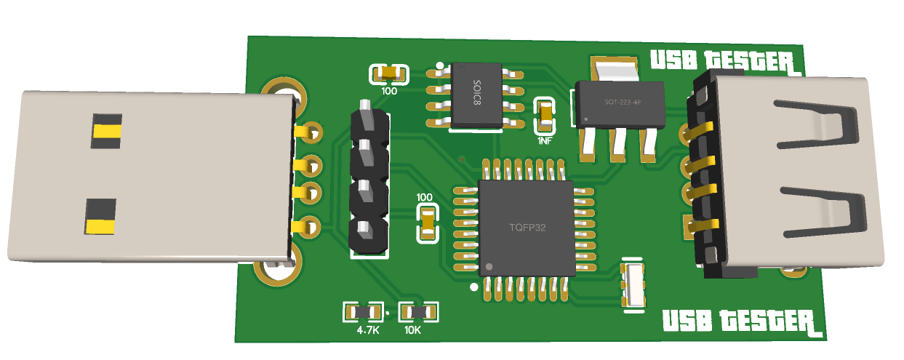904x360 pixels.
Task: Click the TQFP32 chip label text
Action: click(527, 228)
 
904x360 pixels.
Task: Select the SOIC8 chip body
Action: click(476, 96)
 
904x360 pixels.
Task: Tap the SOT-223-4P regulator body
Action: click(620, 104)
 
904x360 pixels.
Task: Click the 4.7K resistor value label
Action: click(368, 330)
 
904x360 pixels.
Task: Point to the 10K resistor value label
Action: click(412, 330)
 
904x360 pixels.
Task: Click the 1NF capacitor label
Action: click(545, 141)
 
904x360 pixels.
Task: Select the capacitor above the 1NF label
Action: click(545, 115)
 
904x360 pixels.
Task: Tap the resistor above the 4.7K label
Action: click(364, 313)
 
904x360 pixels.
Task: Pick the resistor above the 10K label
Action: click(418, 313)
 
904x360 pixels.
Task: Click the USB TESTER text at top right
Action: click(725, 62)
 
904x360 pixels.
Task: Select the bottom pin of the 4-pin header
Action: click(365, 231)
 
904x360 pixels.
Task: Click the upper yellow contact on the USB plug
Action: click(107, 131)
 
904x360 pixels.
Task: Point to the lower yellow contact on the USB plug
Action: click(100, 226)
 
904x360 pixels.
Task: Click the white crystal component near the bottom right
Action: click(633, 284)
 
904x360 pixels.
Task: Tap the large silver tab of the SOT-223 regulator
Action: click(615, 69)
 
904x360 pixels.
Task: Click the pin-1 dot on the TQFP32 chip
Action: click(489, 267)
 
